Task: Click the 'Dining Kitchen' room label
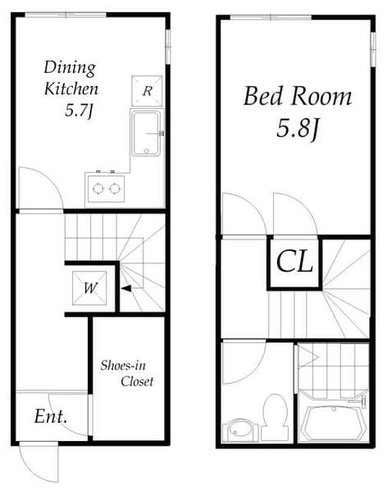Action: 71,78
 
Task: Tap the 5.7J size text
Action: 79,110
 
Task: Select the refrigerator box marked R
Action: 147,91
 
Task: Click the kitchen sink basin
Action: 146,133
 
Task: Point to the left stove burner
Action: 98,189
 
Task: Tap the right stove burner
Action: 115,189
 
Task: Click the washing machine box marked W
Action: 89,288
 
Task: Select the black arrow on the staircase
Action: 126,288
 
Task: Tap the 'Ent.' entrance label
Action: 51,417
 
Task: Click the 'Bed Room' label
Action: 298,96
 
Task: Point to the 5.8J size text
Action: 298,128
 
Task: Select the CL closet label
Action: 294,262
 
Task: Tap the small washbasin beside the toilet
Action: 237,430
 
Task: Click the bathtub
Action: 333,423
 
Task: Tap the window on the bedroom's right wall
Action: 372,49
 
